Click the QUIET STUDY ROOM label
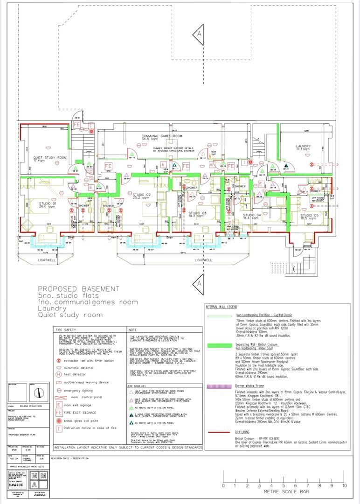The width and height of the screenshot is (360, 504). tap(49, 158)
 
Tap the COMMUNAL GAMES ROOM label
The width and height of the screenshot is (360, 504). tap(162, 136)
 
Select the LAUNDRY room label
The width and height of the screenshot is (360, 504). tap(303, 147)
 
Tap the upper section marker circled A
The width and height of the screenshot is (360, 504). tap(199, 35)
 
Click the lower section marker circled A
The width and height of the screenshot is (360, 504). tap(199, 283)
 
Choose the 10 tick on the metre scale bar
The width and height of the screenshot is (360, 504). tap(345, 485)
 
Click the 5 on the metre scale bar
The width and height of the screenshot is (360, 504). tap(284, 485)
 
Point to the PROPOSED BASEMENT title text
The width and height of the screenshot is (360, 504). tap(78, 289)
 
